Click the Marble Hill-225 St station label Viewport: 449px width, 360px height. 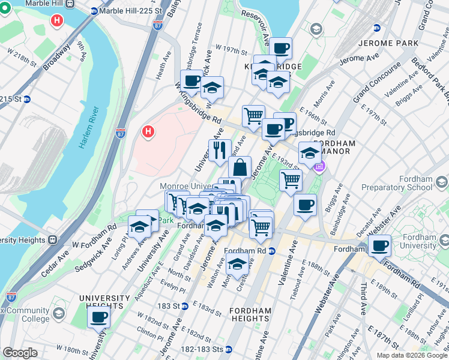[131, 11]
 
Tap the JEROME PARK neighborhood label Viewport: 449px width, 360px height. [384, 44]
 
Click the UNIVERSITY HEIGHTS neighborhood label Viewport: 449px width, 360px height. [104, 302]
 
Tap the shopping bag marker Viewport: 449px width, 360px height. [240, 167]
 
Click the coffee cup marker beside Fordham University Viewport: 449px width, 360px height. [379, 245]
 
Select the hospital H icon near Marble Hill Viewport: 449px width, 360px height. [56, 20]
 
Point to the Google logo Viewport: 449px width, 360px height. [20, 353]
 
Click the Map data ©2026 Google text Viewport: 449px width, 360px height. [412, 355]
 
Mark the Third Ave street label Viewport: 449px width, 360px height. [362, 299]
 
